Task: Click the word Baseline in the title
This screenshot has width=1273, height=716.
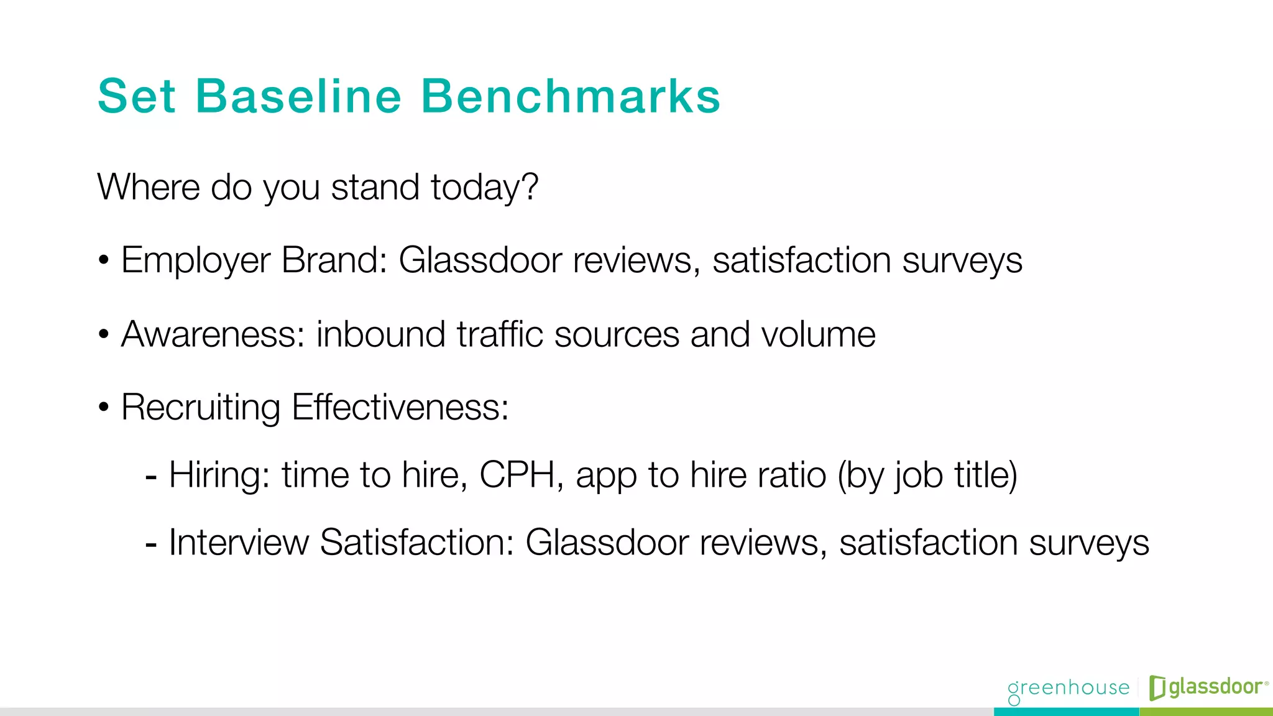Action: (298, 96)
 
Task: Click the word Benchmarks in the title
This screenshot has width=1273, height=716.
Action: (571, 96)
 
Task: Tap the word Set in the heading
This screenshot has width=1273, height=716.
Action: (137, 96)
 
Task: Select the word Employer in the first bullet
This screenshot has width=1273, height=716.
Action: (195, 260)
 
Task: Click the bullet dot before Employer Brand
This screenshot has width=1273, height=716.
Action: (104, 260)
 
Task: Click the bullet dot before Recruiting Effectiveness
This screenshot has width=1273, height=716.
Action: (104, 408)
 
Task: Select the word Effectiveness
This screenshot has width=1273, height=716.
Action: (400, 408)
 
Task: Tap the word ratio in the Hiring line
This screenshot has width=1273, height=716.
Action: (792, 475)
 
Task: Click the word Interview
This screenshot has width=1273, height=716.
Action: (238, 543)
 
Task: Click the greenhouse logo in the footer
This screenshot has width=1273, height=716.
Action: (1068, 689)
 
